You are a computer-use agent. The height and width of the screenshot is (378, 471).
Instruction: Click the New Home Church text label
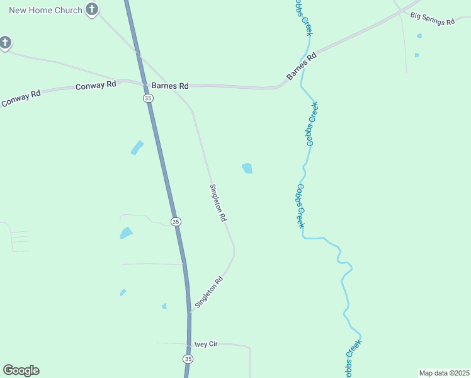pyautogui.click(x=45, y=10)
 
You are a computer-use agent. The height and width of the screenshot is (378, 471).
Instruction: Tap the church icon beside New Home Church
pyautogui.click(x=92, y=9)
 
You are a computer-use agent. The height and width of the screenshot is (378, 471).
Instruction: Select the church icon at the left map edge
pyautogui.click(x=4, y=43)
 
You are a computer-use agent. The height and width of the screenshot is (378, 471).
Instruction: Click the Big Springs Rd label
pyautogui.click(x=432, y=18)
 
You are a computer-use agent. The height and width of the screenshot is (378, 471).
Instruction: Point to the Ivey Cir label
pyautogui.click(x=206, y=344)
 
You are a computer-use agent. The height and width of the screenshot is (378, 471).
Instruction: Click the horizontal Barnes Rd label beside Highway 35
pyautogui.click(x=166, y=86)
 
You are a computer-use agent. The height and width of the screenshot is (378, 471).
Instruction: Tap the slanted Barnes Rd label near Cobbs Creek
pyautogui.click(x=301, y=66)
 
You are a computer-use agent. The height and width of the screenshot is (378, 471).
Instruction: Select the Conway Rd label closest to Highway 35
pyautogui.click(x=96, y=84)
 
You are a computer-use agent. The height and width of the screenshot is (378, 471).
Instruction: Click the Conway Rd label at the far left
pyautogui.click(x=21, y=98)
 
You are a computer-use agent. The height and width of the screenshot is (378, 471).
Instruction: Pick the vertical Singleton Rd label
pyautogui.click(x=218, y=202)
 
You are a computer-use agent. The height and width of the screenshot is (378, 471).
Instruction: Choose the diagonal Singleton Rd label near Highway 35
pyautogui.click(x=209, y=292)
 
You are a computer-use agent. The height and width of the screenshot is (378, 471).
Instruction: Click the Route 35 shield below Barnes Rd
pyautogui.click(x=147, y=98)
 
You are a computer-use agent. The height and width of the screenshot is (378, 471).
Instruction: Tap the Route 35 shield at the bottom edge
pyautogui.click(x=188, y=358)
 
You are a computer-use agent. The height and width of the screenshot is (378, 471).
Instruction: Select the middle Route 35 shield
pyautogui.click(x=176, y=221)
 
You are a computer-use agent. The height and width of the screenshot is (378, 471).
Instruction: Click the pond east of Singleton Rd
pyautogui.click(x=247, y=168)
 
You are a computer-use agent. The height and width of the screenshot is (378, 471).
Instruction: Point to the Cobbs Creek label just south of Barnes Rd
pyautogui.click(x=312, y=124)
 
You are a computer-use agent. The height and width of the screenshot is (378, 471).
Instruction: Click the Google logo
pyautogui.click(x=21, y=370)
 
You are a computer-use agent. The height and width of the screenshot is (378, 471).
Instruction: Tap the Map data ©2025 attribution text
pyautogui.click(x=444, y=373)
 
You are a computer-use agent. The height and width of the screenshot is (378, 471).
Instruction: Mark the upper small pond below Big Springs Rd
pyautogui.click(x=419, y=36)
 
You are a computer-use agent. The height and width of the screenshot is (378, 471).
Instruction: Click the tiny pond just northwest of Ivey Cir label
pyautogui.click(x=164, y=306)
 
